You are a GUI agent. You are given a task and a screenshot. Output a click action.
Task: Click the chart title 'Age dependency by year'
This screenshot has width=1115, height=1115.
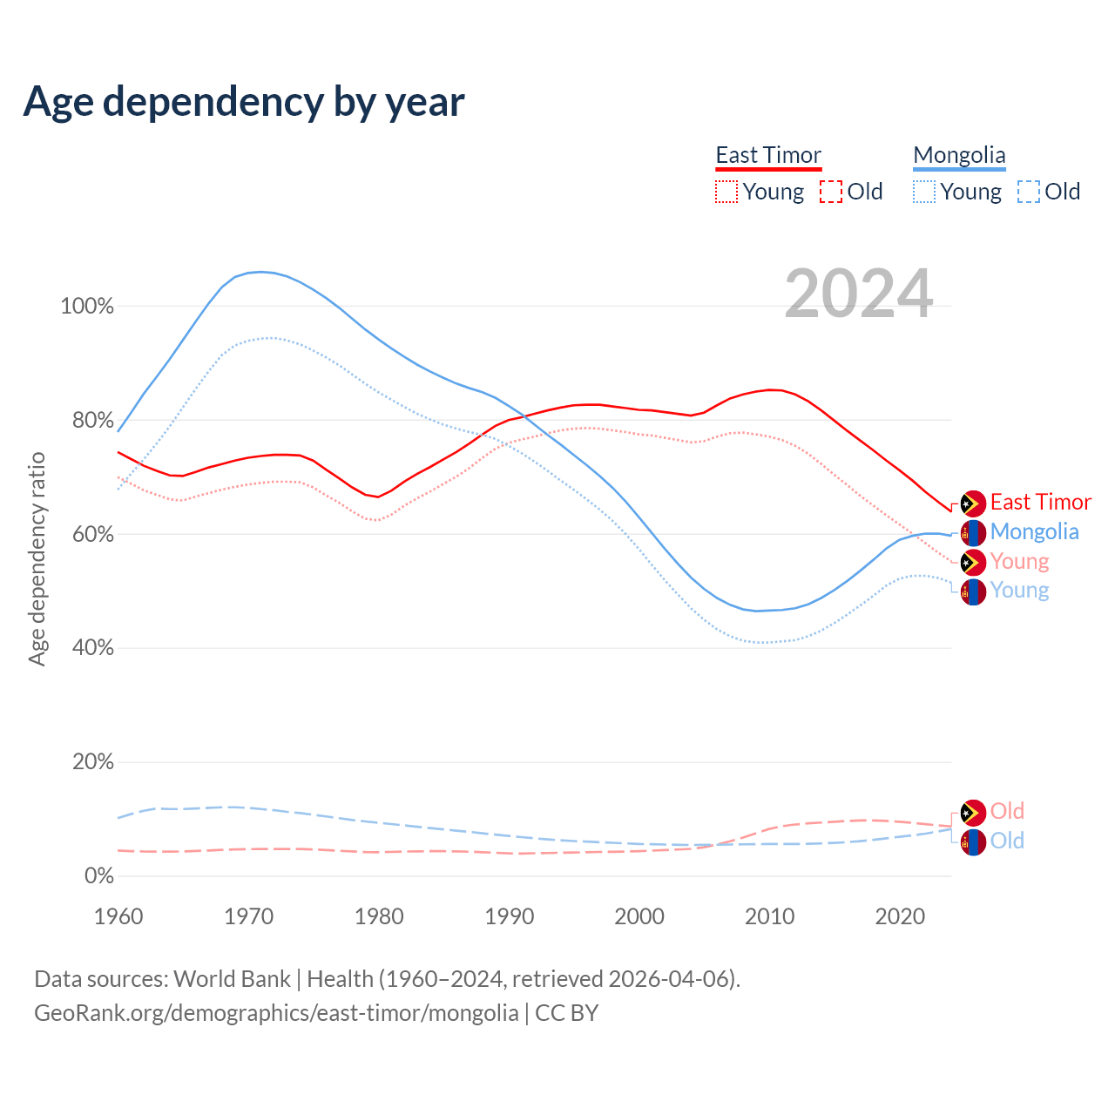tap(244, 102)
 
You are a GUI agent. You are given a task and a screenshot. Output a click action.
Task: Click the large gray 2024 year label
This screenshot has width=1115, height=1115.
tap(859, 294)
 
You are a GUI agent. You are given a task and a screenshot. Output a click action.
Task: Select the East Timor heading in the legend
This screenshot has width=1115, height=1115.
tap(768, 155)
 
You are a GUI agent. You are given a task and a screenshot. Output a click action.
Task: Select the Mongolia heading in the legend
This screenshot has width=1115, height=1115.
tap(959, 155)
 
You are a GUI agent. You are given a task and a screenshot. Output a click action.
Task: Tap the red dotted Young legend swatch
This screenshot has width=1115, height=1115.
tap(726, 192)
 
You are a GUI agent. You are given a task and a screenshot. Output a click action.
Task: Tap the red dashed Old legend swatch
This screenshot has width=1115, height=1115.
tap(831, 192)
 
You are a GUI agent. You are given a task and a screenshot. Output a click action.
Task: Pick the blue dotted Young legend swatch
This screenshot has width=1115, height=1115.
tap(924, 192)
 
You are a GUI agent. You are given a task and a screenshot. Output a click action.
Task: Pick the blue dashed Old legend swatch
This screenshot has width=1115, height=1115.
tap(1029, 192)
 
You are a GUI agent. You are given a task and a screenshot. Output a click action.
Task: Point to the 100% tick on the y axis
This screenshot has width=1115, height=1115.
tap(87, 307)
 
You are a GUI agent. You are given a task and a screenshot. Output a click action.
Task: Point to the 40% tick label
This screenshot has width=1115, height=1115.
tap(92, 648)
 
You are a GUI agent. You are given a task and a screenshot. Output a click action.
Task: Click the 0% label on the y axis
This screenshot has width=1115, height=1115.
tap(99, 876)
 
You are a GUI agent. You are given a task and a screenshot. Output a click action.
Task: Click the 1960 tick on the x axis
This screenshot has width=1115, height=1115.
tap(118, 916)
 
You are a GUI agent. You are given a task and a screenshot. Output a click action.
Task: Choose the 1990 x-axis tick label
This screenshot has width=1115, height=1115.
tap(510, 916)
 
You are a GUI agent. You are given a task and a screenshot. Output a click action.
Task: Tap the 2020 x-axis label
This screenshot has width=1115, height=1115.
tap(900, 916)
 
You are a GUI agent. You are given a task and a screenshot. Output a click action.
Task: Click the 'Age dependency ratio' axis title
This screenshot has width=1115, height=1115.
tap(37, 558)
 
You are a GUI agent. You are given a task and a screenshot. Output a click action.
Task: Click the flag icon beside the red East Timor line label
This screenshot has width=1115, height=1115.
tap(973, 503)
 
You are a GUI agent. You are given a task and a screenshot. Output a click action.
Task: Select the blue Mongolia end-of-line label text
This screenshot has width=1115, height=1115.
tap(1034, 531)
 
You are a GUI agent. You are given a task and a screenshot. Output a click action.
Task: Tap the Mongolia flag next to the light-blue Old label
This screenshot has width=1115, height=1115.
tap(973, 841)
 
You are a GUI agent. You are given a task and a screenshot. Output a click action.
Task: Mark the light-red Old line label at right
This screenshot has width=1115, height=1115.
tap(1007, 811)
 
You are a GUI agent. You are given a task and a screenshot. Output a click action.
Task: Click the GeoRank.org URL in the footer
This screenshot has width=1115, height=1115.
tap(276, 1013)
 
